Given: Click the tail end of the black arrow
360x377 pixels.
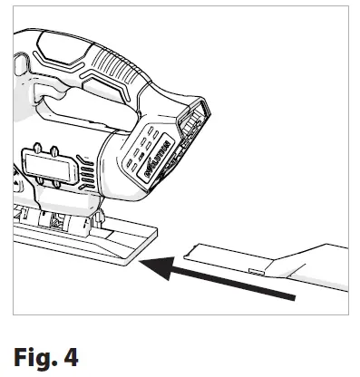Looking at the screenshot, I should [x=292, y=295].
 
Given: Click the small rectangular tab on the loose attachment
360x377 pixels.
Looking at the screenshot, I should [x=256, y=269].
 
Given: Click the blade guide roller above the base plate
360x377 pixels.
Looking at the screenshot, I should [x=60, y=221].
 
